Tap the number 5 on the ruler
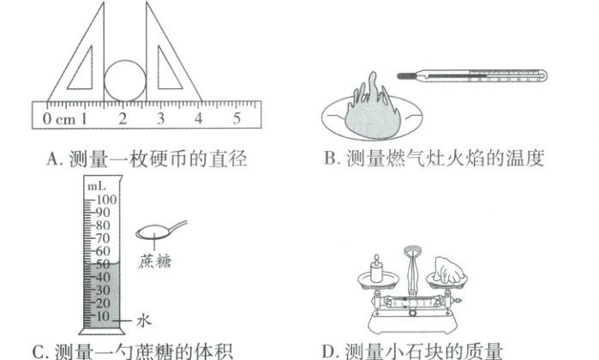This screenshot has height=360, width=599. [237, 117]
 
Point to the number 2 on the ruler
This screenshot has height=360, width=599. [123, 117]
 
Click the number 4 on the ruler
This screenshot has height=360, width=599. [199, 117]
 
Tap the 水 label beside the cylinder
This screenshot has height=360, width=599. [145, 319]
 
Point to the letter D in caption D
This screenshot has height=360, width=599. [328, 351]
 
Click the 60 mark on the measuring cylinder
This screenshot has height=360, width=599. [104, 251]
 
